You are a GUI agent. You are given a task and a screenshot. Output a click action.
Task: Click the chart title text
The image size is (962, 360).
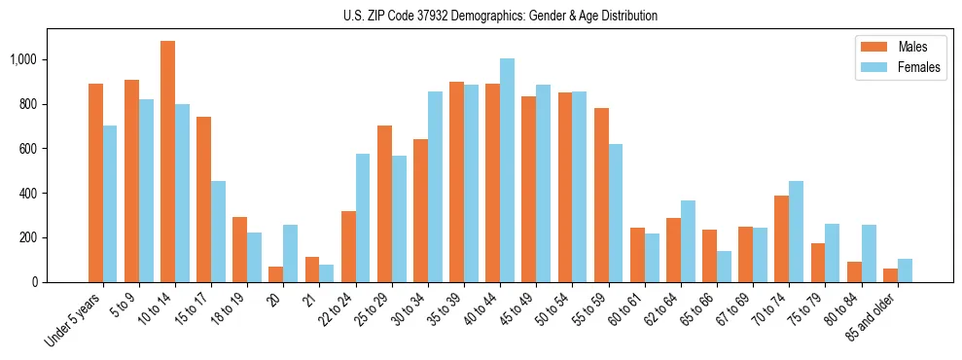500,16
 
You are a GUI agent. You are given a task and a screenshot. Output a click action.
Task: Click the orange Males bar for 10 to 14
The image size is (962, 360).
167,162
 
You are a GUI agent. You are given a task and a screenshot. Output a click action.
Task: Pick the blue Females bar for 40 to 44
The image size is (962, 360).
507,170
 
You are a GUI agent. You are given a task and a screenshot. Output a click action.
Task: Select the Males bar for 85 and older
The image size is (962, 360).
890,275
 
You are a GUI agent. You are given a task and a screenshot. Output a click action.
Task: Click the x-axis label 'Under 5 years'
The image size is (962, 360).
73,320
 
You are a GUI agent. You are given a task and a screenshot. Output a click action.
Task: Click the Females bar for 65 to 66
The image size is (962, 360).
724,267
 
